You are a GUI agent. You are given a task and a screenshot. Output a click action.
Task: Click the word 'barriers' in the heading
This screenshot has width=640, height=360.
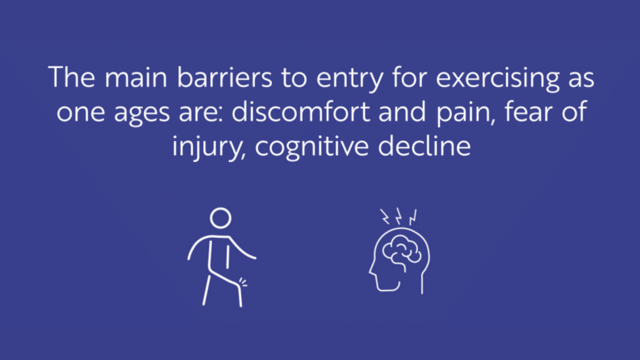point(224,77)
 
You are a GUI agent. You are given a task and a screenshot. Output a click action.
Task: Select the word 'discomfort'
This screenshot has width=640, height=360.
point(301,111)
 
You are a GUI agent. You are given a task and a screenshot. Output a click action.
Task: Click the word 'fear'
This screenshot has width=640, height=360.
point(528,111)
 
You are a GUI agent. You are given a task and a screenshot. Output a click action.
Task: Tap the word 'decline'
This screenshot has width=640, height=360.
point(424,146)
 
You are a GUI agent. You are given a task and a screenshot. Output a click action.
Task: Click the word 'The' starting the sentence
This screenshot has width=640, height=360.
point(72,77)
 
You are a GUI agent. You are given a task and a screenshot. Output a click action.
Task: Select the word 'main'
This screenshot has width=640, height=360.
point(136,78)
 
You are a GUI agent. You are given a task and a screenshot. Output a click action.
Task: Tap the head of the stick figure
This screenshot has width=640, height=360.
point(221,218)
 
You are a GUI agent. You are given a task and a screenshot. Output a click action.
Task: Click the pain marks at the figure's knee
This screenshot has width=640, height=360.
point(243,282)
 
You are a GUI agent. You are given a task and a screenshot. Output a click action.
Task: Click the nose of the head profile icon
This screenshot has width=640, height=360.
point(371,271)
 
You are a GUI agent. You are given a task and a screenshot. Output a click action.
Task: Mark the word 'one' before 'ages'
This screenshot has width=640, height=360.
point(81,112)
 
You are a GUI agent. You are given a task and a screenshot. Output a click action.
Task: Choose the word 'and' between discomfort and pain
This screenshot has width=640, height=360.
point(402,111)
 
